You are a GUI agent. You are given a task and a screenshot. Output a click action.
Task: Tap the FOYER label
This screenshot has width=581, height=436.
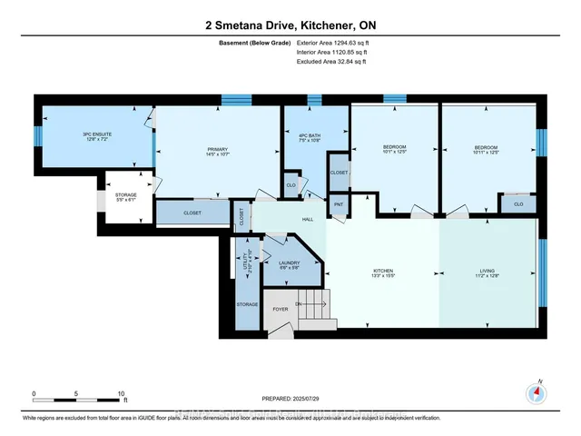(280, 309)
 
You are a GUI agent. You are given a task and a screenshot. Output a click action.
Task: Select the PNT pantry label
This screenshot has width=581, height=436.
(339, 204)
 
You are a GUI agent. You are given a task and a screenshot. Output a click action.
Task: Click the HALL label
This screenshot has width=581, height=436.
(307, 219)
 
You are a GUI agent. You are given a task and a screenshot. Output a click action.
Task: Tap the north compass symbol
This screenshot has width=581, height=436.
(537, 393)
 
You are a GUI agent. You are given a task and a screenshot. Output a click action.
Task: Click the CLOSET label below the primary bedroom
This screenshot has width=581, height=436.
(192, 213)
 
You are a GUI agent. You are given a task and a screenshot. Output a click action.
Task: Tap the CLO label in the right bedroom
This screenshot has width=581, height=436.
(518, 204)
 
